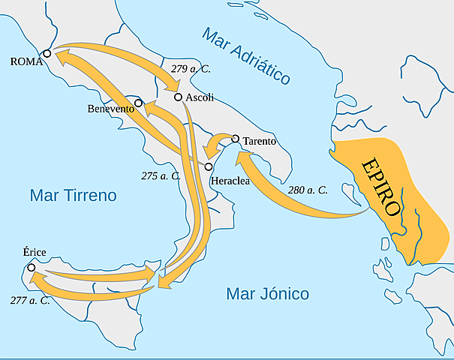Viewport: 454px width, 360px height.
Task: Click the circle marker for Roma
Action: (47, 53)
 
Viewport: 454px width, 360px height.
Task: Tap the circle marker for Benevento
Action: (138, 102)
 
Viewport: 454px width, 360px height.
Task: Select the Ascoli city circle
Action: (178, 97)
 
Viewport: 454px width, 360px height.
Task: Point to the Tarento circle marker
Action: (236, 139)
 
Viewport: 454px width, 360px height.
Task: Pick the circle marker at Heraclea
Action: (209, 166)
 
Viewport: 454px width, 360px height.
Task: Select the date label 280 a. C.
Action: (308, 190)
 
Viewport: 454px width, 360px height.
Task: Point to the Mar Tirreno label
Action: (74, 196)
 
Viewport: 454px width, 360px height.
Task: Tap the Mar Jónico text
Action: (268, 293)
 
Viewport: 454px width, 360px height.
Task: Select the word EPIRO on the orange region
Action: (381, 187)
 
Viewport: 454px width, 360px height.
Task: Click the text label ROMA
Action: (24, 63)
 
